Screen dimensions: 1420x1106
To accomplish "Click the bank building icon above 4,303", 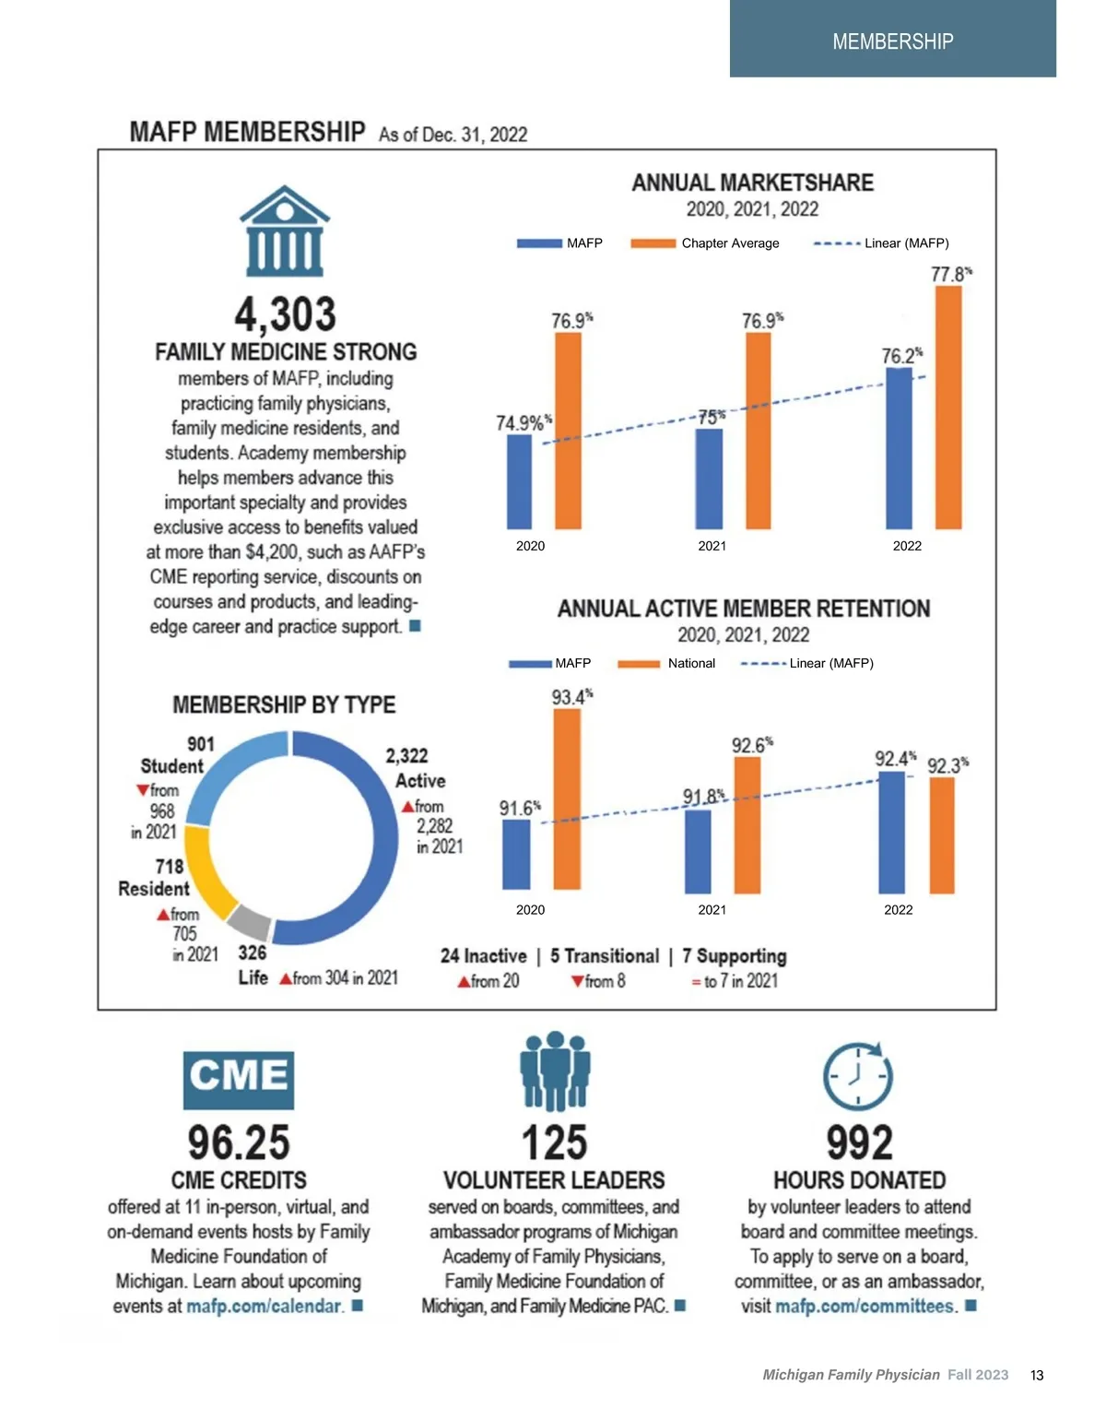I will [x=285, y=231].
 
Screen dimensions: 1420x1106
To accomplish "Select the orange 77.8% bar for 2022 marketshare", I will [x=948, y=407].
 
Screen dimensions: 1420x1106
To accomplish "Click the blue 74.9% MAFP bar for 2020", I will [x=520, y=481].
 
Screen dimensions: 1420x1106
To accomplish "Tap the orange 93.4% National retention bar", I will [x=567, y=799].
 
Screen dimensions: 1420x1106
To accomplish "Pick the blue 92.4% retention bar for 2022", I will [x=891, y=832].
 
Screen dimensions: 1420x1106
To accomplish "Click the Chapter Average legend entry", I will [x=706, y=243].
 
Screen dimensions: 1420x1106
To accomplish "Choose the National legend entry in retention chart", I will [x=667, y=663].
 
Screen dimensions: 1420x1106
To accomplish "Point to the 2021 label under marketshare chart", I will [x=712, y=546].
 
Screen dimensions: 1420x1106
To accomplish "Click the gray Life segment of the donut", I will [x=249, y=922].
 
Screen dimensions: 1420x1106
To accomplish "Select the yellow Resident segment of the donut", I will [x=205, y=871].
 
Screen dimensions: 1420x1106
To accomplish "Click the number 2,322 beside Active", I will [x=406, y=756].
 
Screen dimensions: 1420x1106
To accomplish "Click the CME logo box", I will [x=239, y=1079].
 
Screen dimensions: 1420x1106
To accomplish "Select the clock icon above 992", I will [x=858, y=1076].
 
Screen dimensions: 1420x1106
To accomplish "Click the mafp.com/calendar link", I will [x=264, y=1307].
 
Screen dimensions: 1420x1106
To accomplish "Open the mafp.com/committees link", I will [x=865, y=1307].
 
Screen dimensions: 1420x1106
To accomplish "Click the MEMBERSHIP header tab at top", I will [x=892, y=41].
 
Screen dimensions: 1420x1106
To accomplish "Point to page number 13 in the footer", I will [x=1037, y=1375].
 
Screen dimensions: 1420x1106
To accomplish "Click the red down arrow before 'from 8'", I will [x=577, y=982].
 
